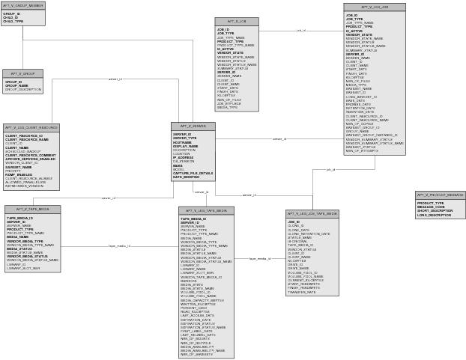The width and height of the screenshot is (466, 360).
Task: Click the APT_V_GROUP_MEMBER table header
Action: point(23,5)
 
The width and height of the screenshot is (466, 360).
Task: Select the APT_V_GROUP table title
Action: point(23,73)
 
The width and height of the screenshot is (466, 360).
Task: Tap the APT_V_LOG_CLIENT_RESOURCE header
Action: point(31,128)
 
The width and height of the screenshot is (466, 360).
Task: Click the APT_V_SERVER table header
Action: point(193,126)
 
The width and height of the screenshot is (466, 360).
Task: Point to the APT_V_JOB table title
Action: point(237,22)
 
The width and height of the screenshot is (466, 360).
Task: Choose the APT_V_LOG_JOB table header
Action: point(375,7)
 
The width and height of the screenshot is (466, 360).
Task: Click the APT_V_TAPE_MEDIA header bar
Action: point(32,210)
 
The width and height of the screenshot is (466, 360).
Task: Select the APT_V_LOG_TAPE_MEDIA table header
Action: point(206,211)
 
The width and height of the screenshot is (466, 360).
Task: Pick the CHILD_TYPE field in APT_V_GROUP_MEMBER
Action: point(13,22)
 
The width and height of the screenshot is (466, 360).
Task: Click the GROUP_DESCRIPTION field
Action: point(23,89)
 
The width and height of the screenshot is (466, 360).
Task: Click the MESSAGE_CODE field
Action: point(431,207)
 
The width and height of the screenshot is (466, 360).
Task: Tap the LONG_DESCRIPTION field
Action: point(435,215)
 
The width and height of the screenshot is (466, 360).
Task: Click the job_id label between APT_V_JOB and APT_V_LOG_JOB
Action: point(301,31)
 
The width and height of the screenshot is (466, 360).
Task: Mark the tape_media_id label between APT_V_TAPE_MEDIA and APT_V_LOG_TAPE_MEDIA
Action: point(120,245)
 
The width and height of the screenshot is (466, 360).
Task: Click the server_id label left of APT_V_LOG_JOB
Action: point(279,139)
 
